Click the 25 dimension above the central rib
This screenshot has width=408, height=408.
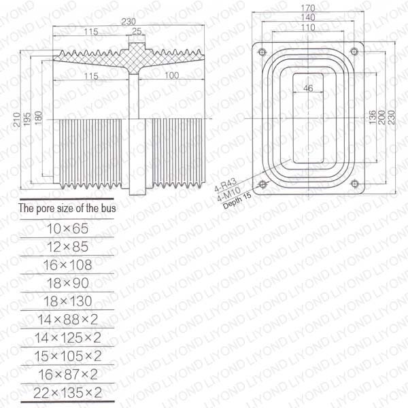coord(137,31)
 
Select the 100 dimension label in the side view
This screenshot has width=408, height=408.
coord(172,75)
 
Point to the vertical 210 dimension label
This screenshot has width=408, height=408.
coord(17,120)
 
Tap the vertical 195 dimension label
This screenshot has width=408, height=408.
coord(27,119)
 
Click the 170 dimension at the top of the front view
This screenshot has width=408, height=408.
coord(308,8)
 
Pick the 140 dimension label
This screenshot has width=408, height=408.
coord(308,18)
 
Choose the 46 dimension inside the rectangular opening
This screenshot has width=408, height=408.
coord(308,88)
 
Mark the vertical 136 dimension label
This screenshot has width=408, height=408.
coord(373,117)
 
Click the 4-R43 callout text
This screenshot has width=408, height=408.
coord(225,184)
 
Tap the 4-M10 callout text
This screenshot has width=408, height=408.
coord(229,194)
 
